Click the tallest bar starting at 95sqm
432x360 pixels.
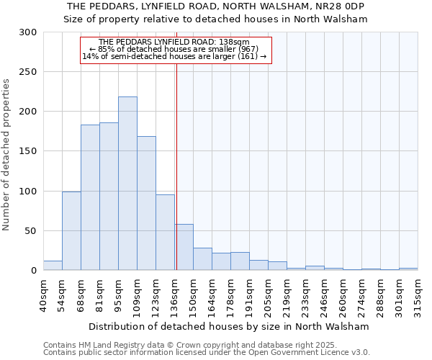(x=127, y=184)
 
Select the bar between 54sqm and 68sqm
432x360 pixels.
(x=71, y=230)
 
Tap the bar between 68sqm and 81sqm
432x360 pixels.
(x=90, y=197)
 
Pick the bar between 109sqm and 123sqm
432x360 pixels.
(x=146, y=203)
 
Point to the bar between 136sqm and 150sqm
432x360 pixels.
(x=184, y=247)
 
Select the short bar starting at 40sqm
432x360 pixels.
(x=53, y=266)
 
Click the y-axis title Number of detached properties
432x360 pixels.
(x=6, y=155)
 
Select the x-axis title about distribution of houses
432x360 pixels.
(x=229, y=326)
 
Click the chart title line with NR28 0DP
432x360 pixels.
(x=216, y=6)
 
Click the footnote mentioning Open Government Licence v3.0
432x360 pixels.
(x=207, y=353)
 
